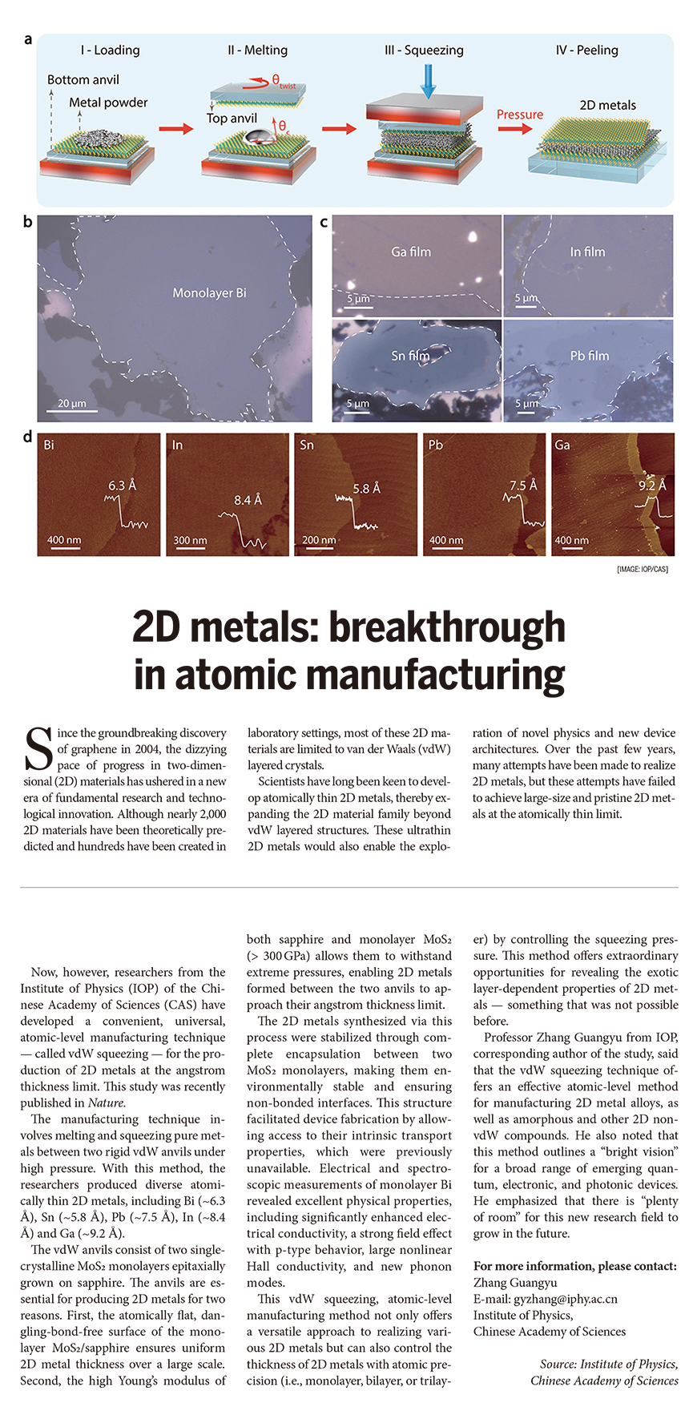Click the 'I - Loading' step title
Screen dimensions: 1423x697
point(110,50)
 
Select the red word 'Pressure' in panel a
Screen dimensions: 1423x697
point(519,115)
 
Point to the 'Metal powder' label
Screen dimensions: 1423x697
point(108,103)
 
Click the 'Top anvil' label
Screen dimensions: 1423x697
point(232,119)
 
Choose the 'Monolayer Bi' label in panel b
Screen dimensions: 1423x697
point(209,293)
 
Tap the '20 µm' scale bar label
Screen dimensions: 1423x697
point(72,403)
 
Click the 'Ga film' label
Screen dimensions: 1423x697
point(411,252)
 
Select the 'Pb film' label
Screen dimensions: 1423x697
point(589,356)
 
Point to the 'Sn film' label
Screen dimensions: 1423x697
point(410,356)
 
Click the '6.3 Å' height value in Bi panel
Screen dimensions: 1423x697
point(122,486)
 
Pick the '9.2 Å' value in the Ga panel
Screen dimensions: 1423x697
point(652,486)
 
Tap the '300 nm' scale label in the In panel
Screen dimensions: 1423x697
point(190,540)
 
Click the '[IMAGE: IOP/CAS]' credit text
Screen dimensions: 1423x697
point(642,570)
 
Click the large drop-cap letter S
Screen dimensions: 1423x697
point(38,750)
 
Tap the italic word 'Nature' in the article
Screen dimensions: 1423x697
point(106,1103)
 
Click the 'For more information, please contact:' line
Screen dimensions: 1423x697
point(575,1266)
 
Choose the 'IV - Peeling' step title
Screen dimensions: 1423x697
point(586,50)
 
